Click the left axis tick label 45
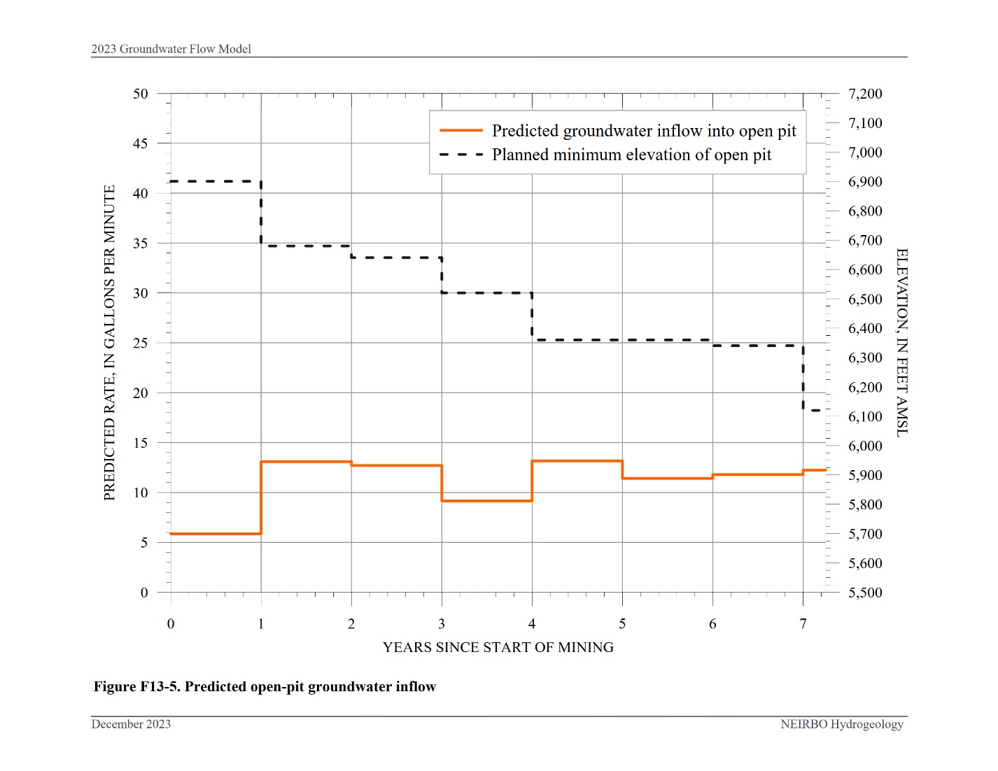(140, 143)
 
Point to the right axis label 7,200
(865, 94)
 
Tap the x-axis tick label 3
(442, 624)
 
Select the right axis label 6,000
(865, 446)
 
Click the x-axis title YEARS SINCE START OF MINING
(498, 648)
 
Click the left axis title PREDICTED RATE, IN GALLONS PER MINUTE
(109, 343)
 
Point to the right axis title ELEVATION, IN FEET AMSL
(902, 343)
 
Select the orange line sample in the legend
(461, 131)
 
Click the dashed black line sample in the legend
(461, 155)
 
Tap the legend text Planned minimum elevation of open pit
(631, 155)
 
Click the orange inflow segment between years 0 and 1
(216, 534)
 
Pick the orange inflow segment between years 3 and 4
(486, 501)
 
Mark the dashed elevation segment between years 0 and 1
(216, 181)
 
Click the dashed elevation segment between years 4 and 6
(621, 340)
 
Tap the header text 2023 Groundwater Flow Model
(171, 49)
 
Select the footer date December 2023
(131, 724)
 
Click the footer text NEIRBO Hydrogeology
(841, 724)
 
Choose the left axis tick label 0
(144, 593)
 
